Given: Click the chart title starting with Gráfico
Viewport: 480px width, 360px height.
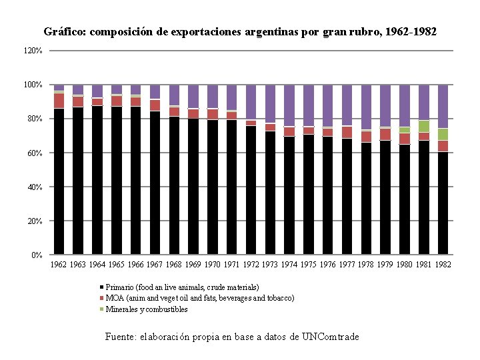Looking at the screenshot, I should (x=240, y=31).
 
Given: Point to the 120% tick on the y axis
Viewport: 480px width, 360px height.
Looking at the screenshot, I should (x=34, y=51).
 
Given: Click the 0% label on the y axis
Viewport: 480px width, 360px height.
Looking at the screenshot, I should (x=37, y=255).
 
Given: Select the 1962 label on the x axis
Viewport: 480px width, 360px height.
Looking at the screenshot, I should (x=59, y=265).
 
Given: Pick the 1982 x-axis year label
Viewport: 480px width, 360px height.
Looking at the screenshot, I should (x=443, y=265).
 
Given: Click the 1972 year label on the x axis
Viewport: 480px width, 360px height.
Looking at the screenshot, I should (x=251, y=265).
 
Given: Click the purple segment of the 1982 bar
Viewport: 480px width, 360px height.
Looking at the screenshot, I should (x=443, y=107).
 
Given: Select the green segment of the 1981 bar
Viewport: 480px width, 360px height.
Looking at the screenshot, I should (x=423, y=126).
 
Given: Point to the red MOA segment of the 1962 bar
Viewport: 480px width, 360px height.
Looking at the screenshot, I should (x=59, y=100).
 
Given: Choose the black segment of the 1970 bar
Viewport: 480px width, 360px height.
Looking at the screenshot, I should (x=212, y=187).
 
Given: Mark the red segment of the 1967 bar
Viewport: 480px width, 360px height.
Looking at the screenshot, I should (x=155, y=105).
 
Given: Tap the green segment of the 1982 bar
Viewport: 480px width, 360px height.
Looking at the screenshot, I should (x=443, y=134).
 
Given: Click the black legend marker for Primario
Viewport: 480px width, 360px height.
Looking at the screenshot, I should (x=102, y=287).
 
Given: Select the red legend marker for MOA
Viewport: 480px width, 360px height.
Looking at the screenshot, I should (x=102, y=298).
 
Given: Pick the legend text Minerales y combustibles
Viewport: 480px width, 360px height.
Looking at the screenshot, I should (x=147, y=309).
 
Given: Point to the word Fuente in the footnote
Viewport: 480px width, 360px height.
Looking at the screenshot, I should (x=120, y=337).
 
